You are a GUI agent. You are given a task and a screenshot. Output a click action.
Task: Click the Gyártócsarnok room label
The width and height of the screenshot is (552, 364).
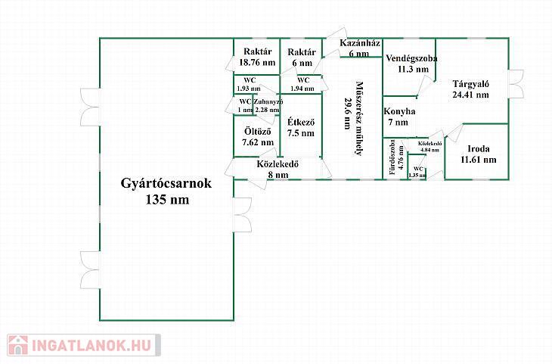click(167, 183)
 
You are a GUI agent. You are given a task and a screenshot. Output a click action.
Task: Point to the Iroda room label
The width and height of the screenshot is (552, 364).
click(479, 148)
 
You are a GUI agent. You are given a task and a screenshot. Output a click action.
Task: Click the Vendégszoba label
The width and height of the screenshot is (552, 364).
click(407, 58)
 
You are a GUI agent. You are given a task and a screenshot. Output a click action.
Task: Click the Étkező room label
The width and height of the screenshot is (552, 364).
click(300, 123)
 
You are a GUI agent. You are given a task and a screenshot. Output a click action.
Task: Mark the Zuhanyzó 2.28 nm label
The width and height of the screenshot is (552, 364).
click(268, 106)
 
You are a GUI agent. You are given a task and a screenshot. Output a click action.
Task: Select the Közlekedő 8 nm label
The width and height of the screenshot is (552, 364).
click(278, 169)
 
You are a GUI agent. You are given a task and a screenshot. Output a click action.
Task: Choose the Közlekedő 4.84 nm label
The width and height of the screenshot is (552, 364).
click(429, 146)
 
